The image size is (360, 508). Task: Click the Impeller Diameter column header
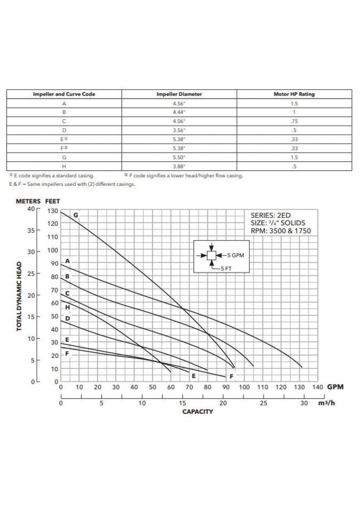click(179, 94)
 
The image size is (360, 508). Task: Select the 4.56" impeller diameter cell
click(179, 103)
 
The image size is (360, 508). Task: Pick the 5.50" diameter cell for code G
click(179, 157)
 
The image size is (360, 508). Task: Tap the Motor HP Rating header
click(294, 94)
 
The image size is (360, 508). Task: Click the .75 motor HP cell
click(294, 121)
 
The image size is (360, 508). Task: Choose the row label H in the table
click(64, 167)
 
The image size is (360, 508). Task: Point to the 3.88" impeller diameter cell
click(179, 167)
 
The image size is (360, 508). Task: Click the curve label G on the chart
click(76, 215)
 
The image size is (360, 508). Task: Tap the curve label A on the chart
click(68, 261)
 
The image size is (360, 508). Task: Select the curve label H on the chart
click(68, 307)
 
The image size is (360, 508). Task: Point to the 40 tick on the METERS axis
click(31, 208)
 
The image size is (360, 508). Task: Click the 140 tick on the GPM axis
click(318, 387)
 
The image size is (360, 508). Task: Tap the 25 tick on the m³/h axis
click(264, 403)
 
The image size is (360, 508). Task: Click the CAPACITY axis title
click(198, 412)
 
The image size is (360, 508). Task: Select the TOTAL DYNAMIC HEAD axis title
click(19, 296)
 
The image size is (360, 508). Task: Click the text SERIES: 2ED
click(271, 216)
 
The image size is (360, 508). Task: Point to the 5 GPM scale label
click(235, 255)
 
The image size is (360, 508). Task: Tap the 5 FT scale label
click(226, 268)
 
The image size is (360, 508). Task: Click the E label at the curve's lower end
click(193, 376)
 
